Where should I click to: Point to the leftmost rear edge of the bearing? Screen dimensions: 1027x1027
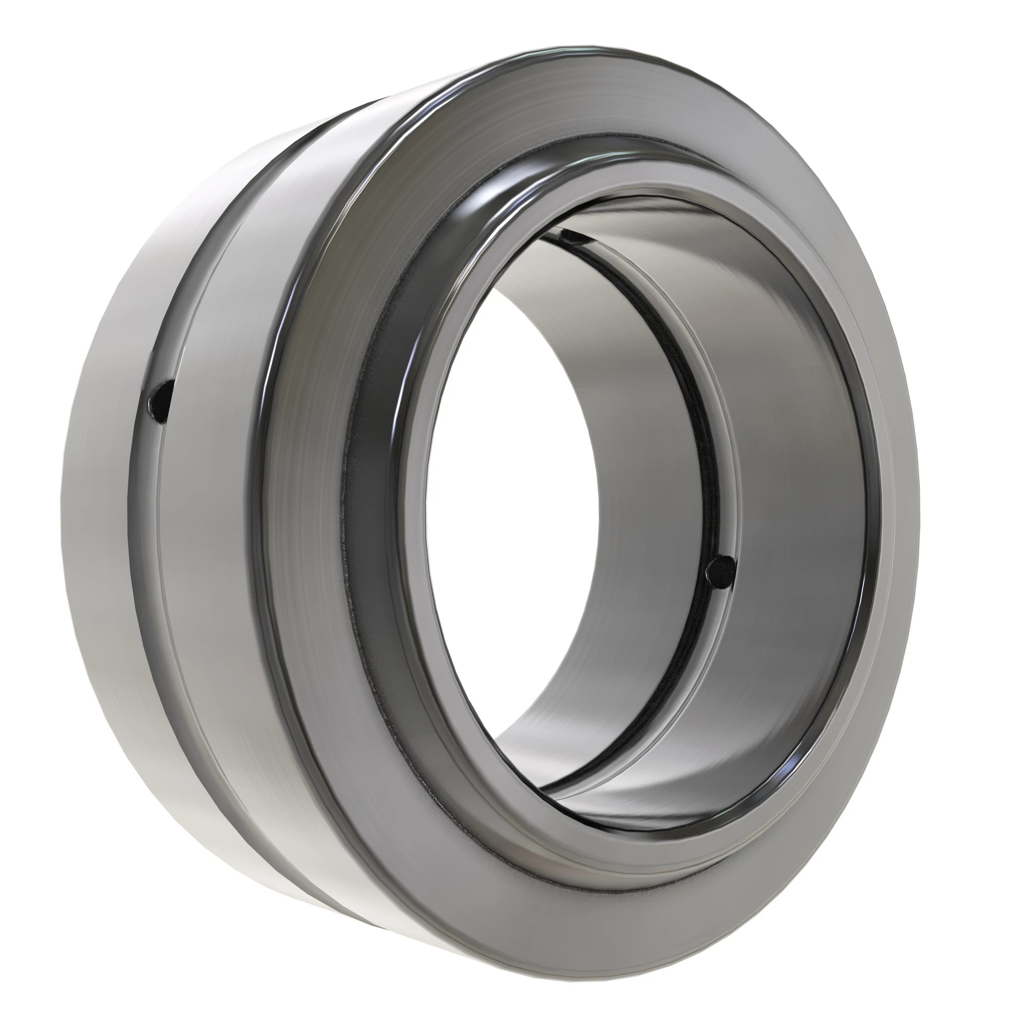tap(60, 510)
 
